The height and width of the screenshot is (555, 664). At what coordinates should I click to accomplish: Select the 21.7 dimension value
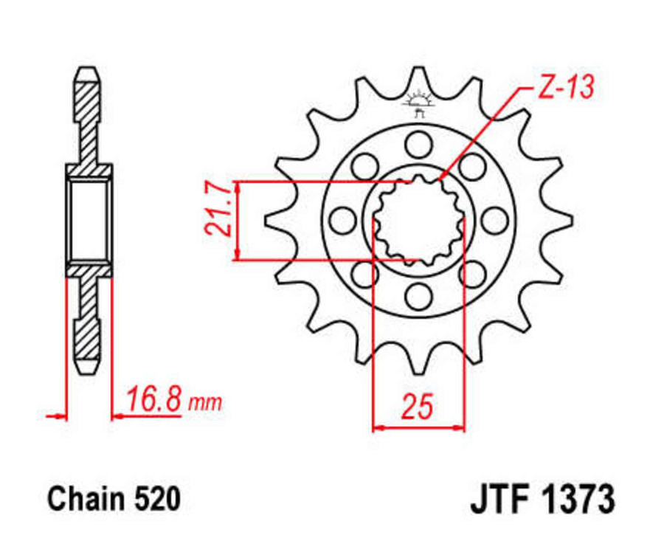click(218, 210)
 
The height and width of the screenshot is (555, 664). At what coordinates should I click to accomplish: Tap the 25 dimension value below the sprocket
click(418, 407)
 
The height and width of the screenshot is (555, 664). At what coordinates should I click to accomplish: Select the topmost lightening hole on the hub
click(418, 143)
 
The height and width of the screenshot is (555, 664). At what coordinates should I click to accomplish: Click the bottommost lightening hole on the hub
click(418, 297)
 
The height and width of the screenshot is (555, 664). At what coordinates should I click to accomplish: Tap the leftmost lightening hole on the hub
click(342, 220)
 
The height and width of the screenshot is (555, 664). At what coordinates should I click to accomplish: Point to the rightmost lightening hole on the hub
click(494, 220)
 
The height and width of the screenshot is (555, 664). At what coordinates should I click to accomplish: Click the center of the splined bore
click(418, 220)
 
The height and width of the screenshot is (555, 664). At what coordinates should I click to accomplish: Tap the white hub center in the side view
click(89, 220)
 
